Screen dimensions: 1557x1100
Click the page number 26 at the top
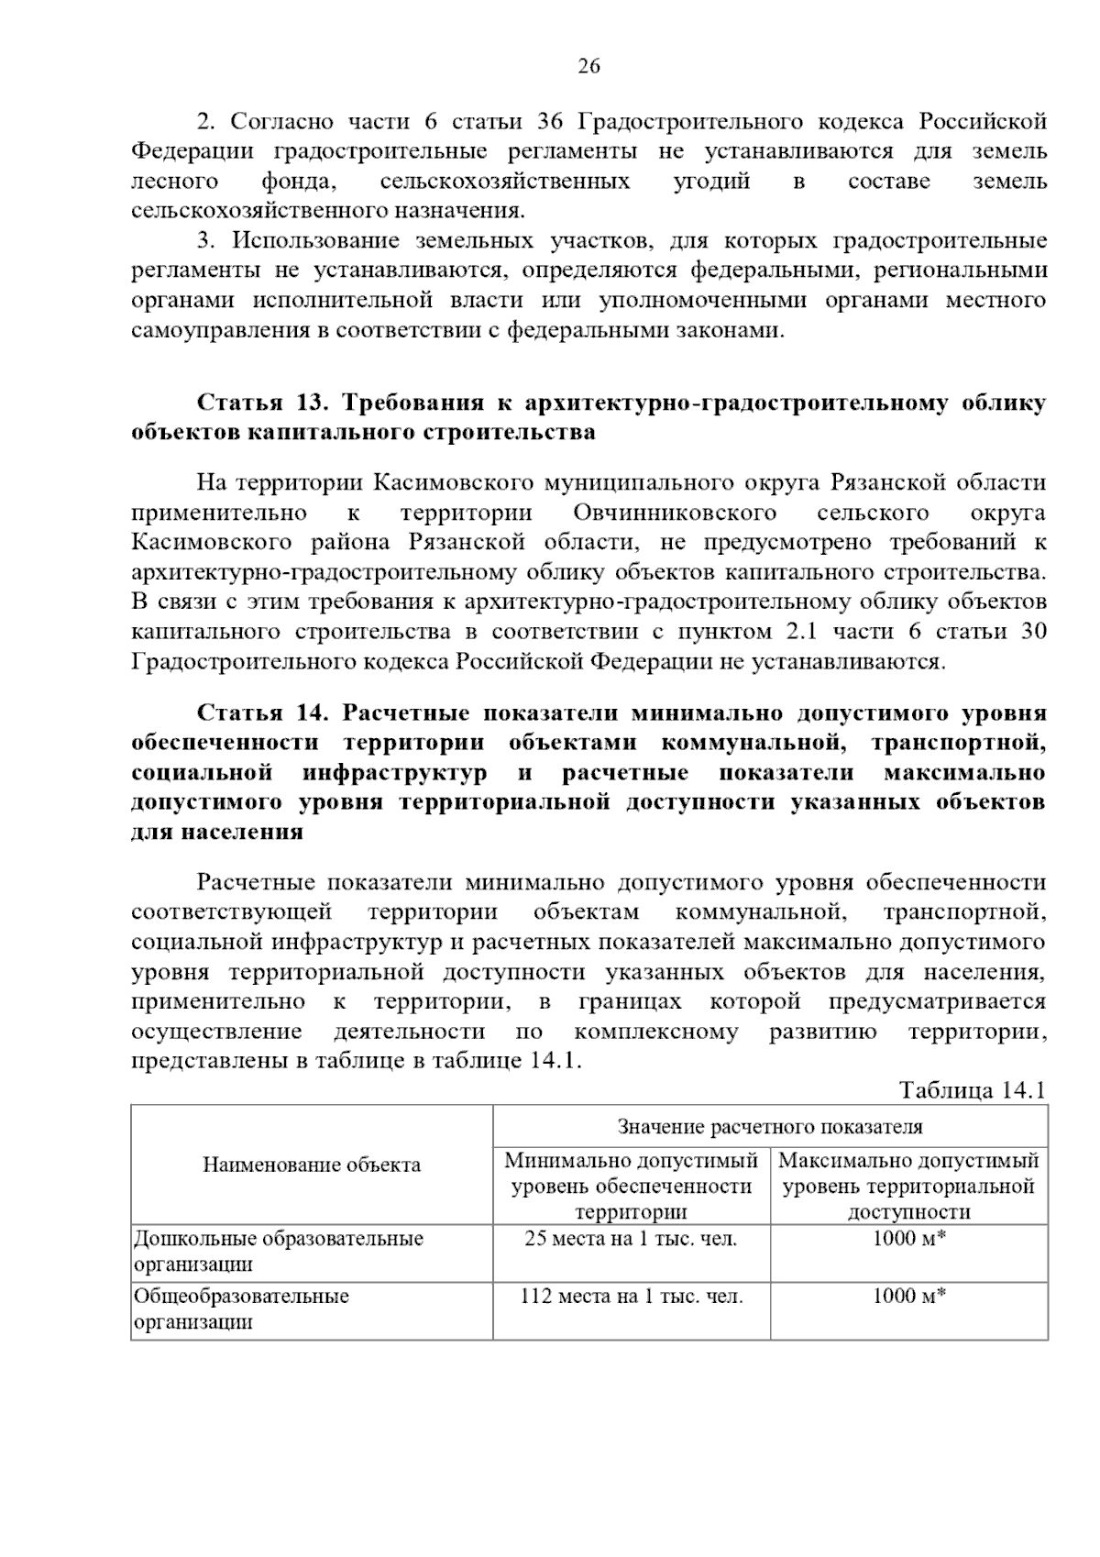pos(588,66)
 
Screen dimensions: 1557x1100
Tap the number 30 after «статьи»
pos(1031,632)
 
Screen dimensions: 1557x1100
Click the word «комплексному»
pos(655,1032)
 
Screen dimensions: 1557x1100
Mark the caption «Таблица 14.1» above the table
pos(972,1090)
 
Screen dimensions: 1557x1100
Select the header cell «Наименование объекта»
pos(312,1165)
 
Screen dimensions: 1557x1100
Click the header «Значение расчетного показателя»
pos(770,1127)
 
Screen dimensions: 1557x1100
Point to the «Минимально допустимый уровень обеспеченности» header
pos(632,1186)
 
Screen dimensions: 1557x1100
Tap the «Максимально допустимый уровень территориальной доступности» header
pos(908,1186)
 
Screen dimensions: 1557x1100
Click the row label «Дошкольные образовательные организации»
pos(279,1252)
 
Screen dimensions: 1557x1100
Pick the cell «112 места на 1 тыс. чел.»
pos(632,1297)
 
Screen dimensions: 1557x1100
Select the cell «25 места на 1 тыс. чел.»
pos(632,1239)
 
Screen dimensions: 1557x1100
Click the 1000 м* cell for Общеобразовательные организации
pos(908,1297)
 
